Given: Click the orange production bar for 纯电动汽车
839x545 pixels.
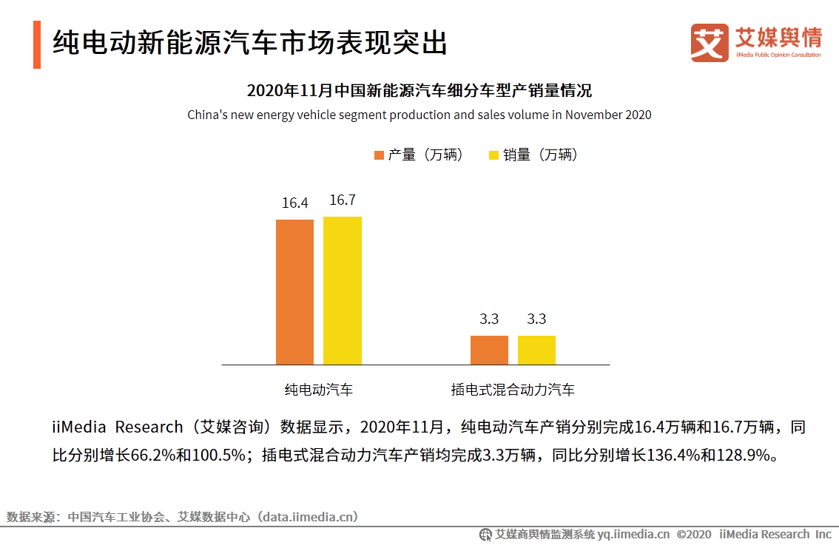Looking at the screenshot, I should tap(294, 291).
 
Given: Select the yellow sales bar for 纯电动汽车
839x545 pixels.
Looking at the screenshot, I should tap(342, 290).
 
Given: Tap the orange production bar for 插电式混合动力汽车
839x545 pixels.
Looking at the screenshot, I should tap(489, 350).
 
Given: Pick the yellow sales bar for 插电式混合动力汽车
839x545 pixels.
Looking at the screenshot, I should tap(536, 350).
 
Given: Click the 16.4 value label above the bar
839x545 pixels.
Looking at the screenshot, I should tap(294, 203).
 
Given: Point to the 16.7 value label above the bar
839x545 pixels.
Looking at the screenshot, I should tap(343, 200).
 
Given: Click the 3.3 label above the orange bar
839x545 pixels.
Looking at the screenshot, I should tap(489, 319).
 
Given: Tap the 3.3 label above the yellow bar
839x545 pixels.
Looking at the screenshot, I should tap(536, 319).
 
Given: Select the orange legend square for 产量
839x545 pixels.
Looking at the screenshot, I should tap(380, 155).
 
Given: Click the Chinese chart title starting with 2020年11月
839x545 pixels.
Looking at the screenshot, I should tap(419, 92).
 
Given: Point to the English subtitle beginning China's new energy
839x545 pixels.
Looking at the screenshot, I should tap(419, 115).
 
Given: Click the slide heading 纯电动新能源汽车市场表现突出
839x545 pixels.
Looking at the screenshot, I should tap(250, 44).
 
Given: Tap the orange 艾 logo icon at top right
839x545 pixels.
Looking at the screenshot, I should tap(710, 43).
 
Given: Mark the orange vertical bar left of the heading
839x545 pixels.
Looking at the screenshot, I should tap(37, 44).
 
